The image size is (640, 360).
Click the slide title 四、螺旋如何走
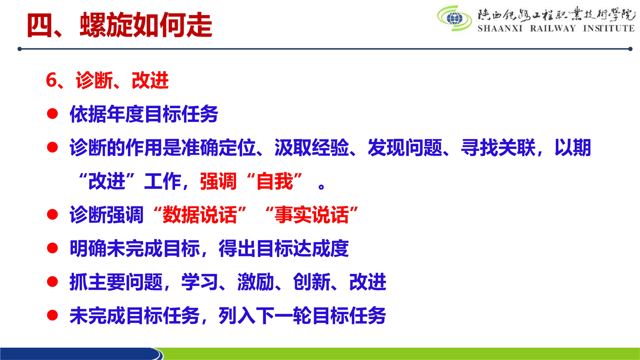click(119, 25)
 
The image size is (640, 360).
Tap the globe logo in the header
click(454, 18)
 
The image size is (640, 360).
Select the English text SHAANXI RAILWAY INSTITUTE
click(556, 28)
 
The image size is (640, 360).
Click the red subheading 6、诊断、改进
click(107, 80)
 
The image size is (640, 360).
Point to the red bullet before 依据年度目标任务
click(52, 113)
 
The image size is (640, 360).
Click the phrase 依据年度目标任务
click(144, 114)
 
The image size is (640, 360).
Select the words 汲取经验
click(311, 147)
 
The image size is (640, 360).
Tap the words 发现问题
click(405, 147)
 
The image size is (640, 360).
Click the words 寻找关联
click(498, 147)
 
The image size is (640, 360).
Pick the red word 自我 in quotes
click(274, 181)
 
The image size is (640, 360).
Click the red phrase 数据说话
click(199, 214)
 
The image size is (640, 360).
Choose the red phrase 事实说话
click(311, 214)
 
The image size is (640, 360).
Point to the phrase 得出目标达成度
click(283, 248)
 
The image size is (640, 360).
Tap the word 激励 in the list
click(255, 282)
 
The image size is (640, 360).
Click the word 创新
click(311, 282)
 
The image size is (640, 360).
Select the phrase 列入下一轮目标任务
click(302, 315)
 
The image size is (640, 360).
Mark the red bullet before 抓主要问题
click(52, 281)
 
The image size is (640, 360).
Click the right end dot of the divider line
click(630, 49)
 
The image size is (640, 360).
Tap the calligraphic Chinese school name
click(556, 13)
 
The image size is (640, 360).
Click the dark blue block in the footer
click(80, 353)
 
